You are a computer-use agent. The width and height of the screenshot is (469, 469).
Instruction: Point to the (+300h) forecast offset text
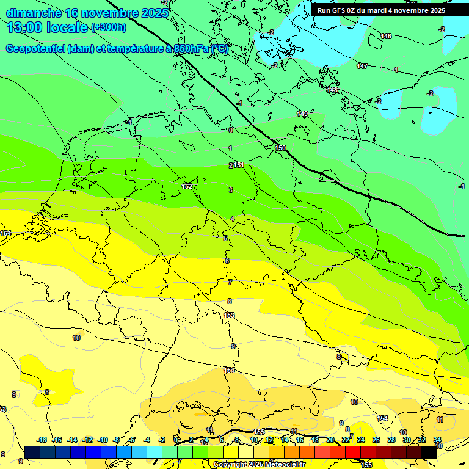coord(108,27)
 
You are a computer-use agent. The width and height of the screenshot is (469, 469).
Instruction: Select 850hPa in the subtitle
coord(191,49)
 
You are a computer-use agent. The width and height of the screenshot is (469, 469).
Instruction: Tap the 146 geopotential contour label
coord(386,36)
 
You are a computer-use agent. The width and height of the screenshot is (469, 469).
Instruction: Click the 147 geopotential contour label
coord(362,66)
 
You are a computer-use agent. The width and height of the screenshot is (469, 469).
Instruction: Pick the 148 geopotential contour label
coord(332,90)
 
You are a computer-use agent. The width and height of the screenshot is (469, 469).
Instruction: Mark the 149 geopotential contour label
coord(302,114)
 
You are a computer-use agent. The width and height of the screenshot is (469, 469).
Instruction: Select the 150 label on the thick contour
coord(280,148)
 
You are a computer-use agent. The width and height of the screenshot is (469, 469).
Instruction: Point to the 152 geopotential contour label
coord(187,186)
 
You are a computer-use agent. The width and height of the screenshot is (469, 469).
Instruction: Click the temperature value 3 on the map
coord(231,190)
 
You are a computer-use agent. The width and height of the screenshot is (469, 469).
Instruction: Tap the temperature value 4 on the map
coord(233,219)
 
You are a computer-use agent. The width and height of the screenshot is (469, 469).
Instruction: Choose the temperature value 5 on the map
coord(225,238)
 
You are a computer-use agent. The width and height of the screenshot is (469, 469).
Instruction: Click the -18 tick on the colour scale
coord(42,440)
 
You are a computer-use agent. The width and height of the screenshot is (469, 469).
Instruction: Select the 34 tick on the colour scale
coord(437,440)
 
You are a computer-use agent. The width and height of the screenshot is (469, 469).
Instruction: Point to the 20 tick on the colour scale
coord(330,440)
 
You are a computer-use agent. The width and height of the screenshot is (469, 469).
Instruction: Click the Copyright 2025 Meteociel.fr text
coord(259,464)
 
